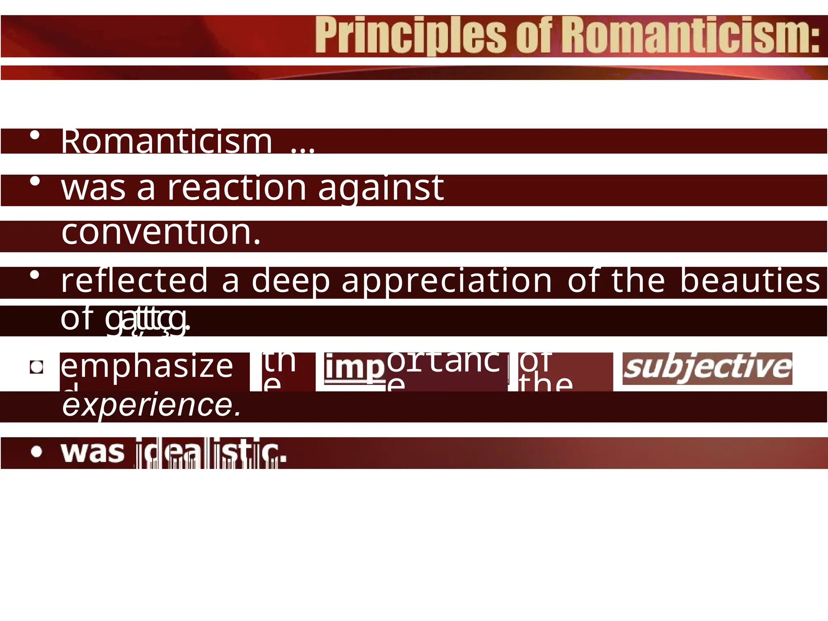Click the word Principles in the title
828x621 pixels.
click(x=410, y=36)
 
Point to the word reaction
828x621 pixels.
click(x=237, y=188)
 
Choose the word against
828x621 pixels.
click(x=381, y=189)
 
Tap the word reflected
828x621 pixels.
click(x=135, y=281)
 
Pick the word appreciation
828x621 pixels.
click(x=447, y=281)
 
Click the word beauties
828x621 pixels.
click(x=750, y=281)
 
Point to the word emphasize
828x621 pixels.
click(x=147, y=366)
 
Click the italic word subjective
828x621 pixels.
click(x=707, y=368)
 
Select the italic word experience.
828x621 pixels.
click(x=152, y=405)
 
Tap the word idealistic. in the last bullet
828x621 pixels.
click(x=211, y=452)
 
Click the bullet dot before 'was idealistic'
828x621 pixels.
click(x=36, y=452)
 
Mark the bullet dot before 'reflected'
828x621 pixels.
click(x=35, y=275)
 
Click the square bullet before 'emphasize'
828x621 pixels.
click(x=37, y=367)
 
